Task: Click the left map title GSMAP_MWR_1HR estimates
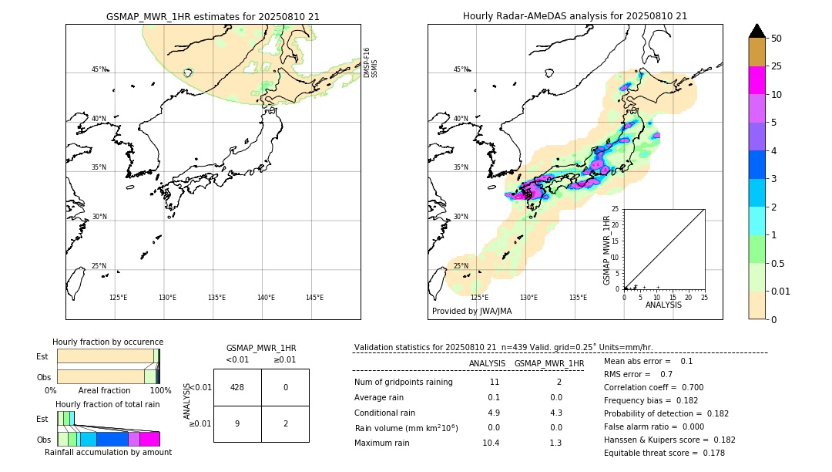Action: pyautogui.click(x=213, y=16)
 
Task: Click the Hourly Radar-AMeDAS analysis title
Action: pyautogui.click(x=575, y=16)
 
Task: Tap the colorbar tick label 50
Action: pyautogui.click(x=777, y=39)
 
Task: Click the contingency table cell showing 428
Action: pyautogui.click(x=237, y=387)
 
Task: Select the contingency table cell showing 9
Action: pyautogui.click(x=237, y=423)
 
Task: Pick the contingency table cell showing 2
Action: pyautogui.click(x=285, y=423)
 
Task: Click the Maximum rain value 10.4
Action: pyautogui.click(x=491, y=443)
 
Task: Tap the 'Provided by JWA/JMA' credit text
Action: pyautogui.click(x=471, y=312)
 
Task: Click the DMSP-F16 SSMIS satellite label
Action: pyautogui.click(x=371, y=62)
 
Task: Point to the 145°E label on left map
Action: pyautogui.click(x=314, y=298)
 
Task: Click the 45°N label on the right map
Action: pyautogui.click(x=461, y=69)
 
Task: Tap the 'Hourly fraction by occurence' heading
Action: pyautogui.click(x=108, y=342)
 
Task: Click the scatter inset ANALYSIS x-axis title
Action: pyautogui.click(x=663, y=305)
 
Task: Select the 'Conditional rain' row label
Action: pyautogui.click(x=386, y=413)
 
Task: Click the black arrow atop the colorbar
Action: pyautogui.click(x=757, y=31)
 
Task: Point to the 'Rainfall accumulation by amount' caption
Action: pyautogui.click(x=108, y=452)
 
